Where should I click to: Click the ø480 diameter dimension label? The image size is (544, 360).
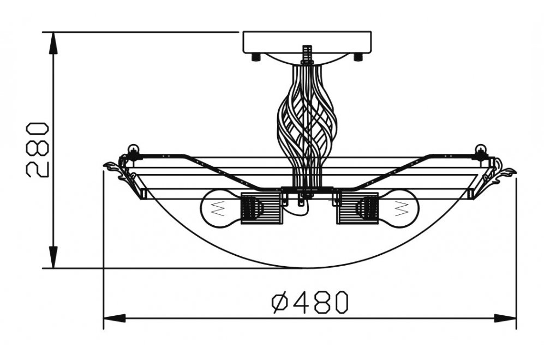pos(309,302)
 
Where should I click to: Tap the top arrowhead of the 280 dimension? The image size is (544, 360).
pos(53,43)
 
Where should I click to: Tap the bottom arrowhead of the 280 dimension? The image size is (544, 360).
pos(53,257)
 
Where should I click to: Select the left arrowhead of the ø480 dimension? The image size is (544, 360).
pos(115,318)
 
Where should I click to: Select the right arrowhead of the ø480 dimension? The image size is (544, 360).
pos(505,318)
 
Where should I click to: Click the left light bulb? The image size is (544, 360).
pos(220,209)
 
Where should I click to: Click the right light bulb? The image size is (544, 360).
pos(398,209)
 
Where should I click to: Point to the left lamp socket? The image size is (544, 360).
pos(261,208)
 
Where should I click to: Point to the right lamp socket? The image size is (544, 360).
pos(357,208)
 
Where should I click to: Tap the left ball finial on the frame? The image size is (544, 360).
pos(133,149)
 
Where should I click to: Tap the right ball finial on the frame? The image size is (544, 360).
pos(481,149)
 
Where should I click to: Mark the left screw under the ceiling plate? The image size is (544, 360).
pos(256,57)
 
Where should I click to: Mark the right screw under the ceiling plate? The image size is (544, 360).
pos(358,57)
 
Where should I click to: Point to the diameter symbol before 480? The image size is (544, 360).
pos(280,302)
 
